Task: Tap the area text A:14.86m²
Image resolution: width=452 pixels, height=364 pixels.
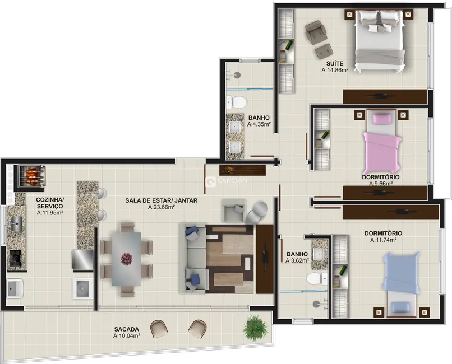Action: point(335,71)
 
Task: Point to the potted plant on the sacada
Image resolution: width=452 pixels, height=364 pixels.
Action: point(256,327)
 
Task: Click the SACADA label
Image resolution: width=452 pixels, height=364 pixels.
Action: point(126,329)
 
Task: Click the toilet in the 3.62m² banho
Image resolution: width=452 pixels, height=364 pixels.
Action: point(316,278)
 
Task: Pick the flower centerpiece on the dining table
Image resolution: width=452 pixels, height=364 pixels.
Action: point(126,259)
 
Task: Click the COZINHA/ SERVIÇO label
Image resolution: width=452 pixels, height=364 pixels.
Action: point(50,203)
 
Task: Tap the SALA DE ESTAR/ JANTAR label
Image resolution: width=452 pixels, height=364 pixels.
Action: point(161,200)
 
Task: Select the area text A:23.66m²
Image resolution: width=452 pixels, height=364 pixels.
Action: point(161,207)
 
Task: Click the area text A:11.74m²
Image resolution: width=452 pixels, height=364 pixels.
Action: point(383,240)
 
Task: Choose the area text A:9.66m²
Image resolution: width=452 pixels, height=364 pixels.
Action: point(380,183)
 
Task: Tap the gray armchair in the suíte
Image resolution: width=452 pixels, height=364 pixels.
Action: point(315,32)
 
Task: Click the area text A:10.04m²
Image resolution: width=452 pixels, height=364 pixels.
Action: point(126,336)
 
